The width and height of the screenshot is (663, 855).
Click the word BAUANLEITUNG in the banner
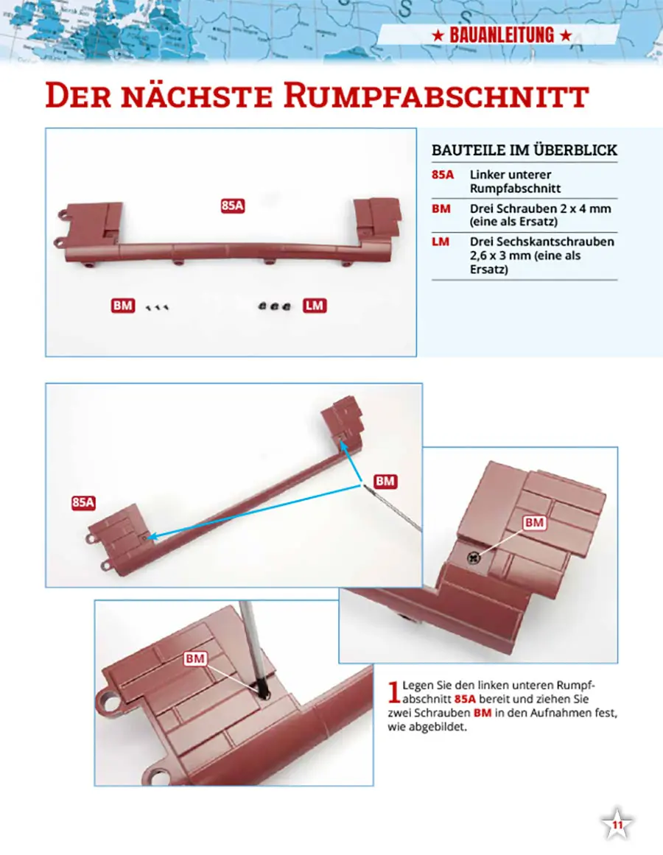tap(502, 35)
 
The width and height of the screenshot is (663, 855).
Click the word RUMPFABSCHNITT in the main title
tap(436, 96)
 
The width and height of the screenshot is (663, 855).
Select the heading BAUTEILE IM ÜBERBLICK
tap(525, 150)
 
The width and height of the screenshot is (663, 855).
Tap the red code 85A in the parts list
tap(443, 175)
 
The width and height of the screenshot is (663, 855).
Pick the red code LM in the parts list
tap(441, 242)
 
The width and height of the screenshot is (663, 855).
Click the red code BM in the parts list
tap(441, 208)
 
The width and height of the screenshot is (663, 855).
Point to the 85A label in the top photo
tap(233, 205)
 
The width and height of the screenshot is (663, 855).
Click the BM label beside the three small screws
tap(123, 306)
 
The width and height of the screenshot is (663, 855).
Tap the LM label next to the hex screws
tap(315, 306)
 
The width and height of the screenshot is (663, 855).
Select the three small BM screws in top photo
tap(158, 308)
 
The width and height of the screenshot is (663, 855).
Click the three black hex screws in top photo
tap(274, 306)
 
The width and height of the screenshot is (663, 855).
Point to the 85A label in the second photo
tap(83, 502)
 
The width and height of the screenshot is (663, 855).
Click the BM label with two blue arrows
tap(385, 481)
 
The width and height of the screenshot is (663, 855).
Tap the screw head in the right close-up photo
tap(473, 557)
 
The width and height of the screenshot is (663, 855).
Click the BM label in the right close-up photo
tap(534, 522)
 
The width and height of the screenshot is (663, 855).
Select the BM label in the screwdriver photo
tap(195, 658)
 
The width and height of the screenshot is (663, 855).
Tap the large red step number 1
tap(394, 692)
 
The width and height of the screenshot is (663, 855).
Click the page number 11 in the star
tap(617, 825)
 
